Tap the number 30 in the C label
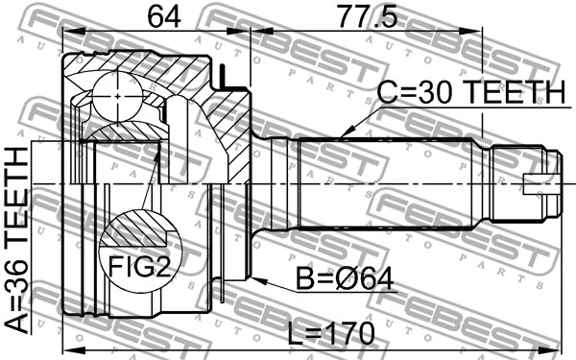437,93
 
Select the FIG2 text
138,266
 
